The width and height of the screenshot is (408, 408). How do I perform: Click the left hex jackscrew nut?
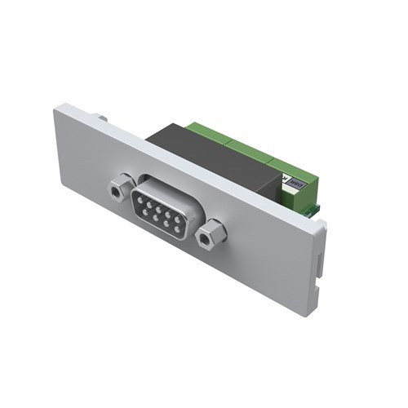tap(118, 190)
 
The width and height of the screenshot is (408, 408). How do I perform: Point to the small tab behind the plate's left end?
tap(103, 119)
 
